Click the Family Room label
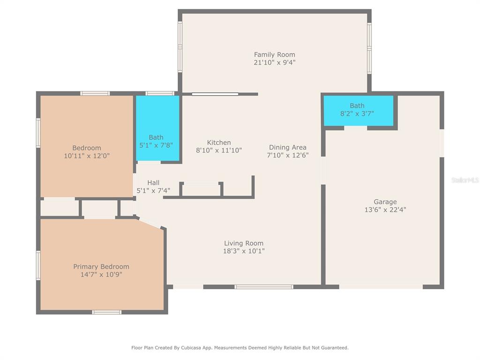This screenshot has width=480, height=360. (275, 55)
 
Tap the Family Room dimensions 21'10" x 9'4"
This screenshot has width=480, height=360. (275, 62)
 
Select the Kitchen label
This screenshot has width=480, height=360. (219, 142)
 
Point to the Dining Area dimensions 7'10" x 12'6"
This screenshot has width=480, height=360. (288, 155)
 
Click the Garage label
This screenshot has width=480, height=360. (385, 202)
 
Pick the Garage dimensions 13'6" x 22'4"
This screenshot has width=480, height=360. (385, 210)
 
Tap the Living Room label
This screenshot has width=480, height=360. (244, 243)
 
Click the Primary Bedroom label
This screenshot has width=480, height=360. (101, 267)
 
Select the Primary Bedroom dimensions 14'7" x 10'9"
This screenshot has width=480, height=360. (101, 275)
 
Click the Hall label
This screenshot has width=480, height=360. (153, 183)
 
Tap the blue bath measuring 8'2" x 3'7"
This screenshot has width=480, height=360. (359, 111)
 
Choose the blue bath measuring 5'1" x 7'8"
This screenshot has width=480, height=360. (157, 128)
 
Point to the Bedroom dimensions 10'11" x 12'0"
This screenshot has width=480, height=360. (87, 156)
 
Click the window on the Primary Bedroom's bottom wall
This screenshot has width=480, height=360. (107, 312)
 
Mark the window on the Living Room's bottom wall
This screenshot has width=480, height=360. (264, 287)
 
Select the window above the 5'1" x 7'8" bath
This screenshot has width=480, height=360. (160, 93)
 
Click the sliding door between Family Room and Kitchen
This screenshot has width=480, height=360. (215, 94)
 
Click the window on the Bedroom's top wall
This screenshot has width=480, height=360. (95, 93)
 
